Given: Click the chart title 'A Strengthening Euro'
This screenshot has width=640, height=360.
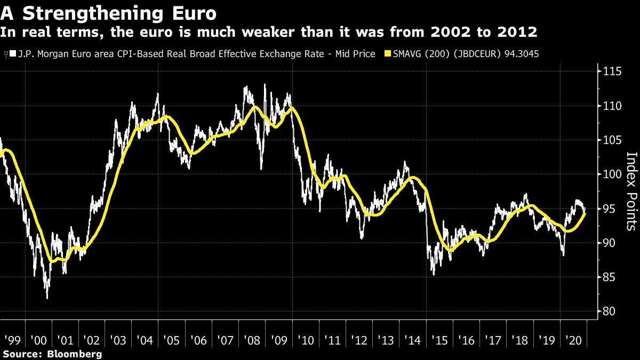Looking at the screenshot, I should point(109,12).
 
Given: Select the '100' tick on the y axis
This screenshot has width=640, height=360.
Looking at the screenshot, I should point(608,174).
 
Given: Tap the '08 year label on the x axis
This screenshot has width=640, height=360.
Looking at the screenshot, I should point(252,340).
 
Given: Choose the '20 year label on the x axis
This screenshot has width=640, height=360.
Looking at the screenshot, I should point(573,340).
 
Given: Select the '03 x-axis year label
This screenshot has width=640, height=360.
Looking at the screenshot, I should point(118,340).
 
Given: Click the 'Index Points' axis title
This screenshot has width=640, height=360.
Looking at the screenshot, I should point(631,191).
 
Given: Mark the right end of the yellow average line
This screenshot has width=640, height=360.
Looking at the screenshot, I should point(586,213).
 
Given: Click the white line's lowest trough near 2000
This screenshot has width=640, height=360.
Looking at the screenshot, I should point(47,298).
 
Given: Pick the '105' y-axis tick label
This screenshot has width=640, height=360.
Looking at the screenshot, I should point(608,140).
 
